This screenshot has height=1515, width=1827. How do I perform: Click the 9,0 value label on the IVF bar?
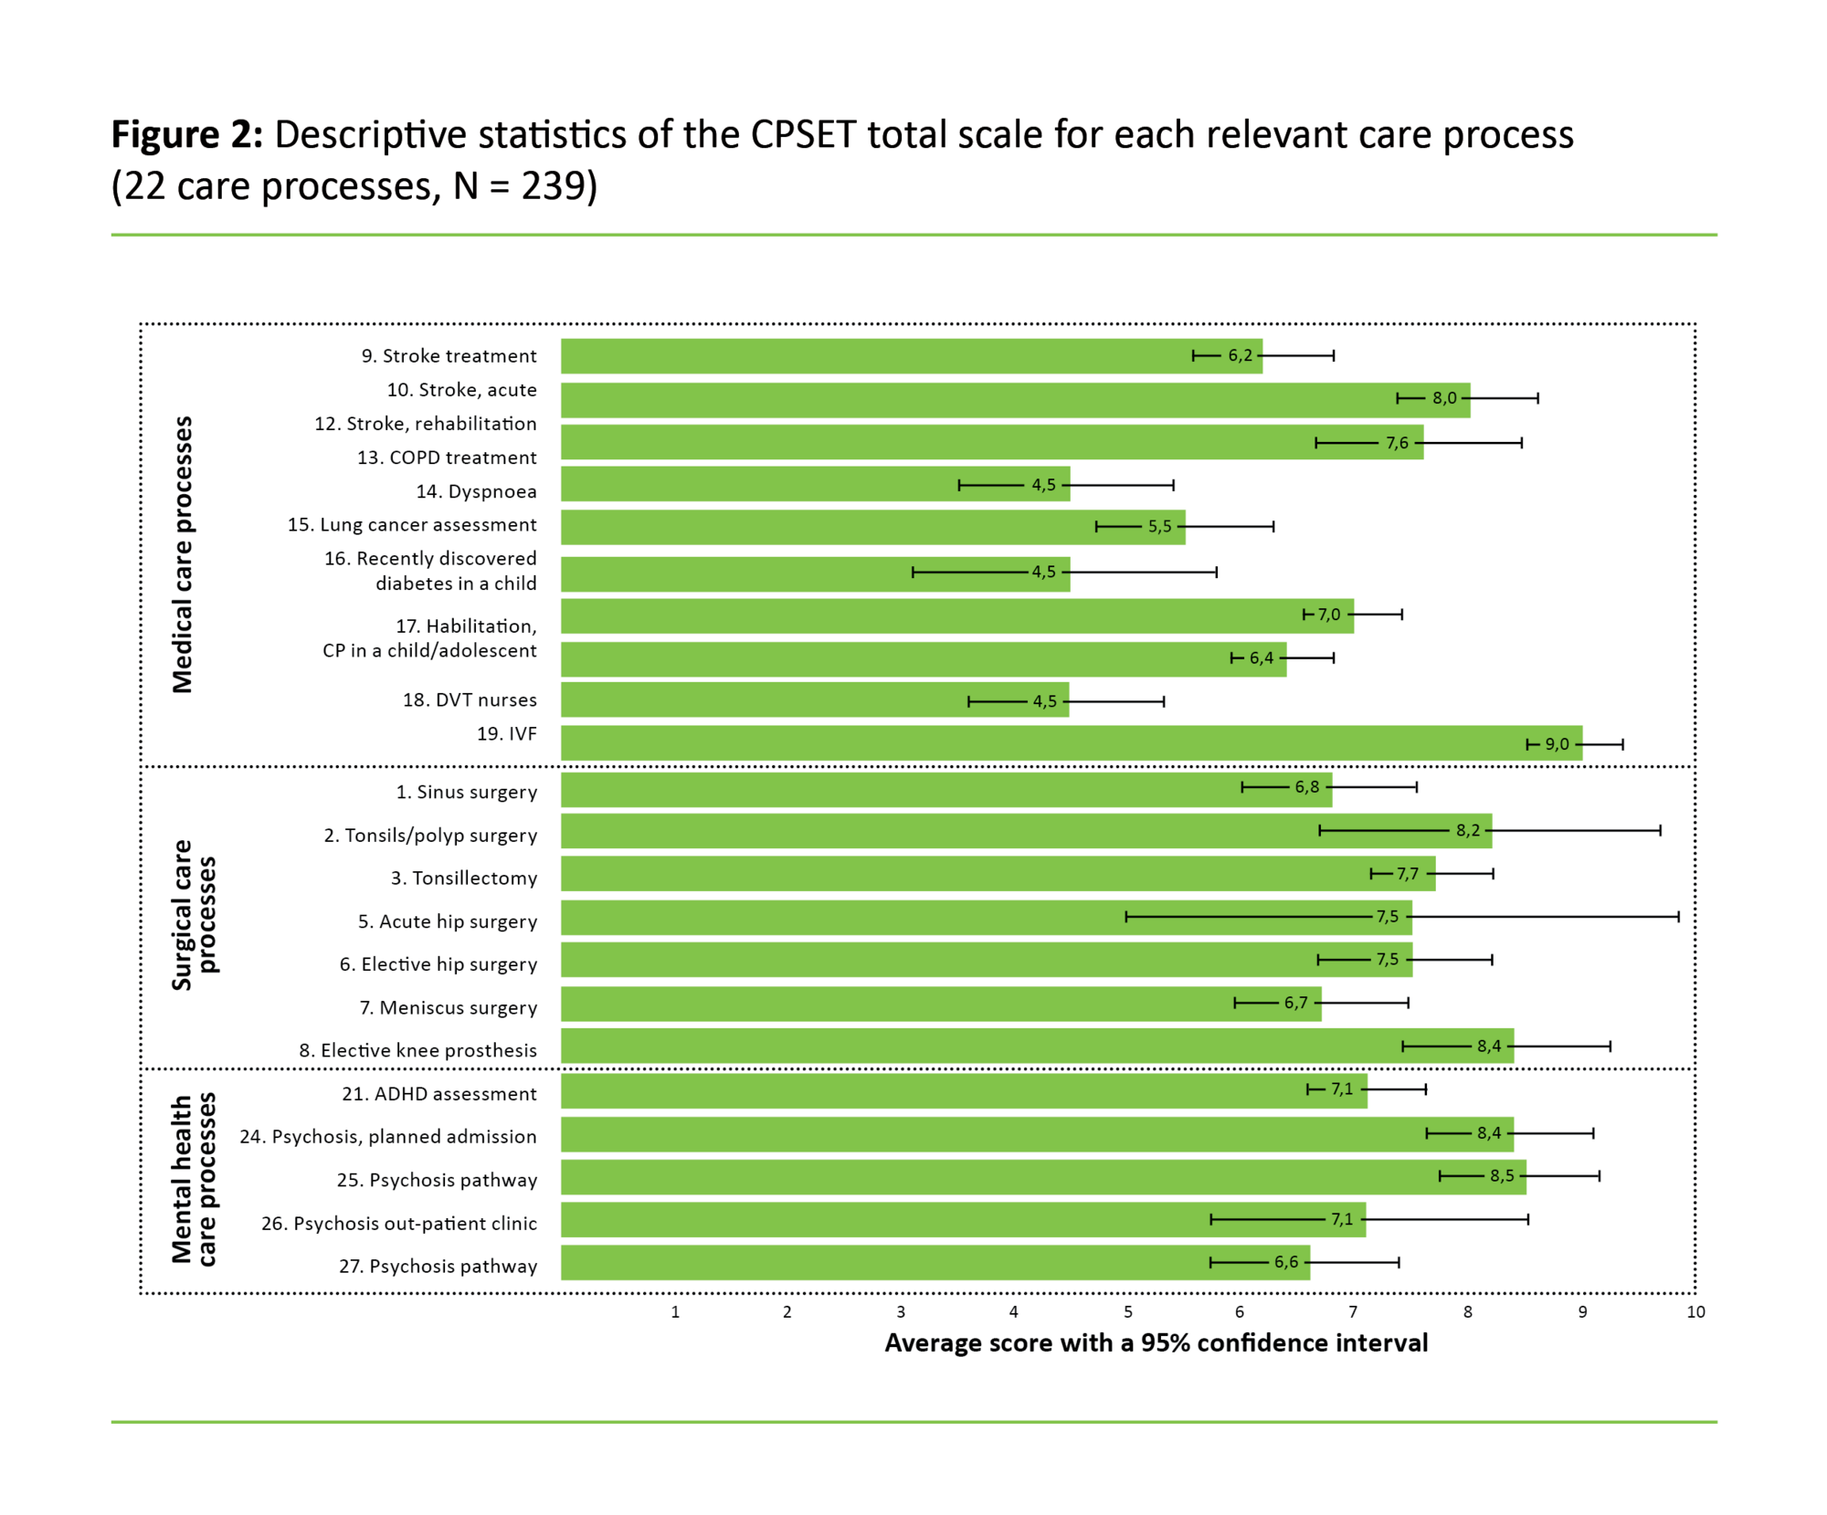tap(1557, 744)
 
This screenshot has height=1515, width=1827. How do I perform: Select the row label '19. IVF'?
tap(506, 734)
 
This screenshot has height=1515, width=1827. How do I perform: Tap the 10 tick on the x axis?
tap(1695, 1312)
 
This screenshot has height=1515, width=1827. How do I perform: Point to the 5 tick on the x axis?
tap(1127, 1312)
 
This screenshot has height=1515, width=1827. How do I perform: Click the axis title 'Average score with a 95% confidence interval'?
tap(1156, 1343)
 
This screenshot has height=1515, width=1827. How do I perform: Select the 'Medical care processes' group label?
tap(183, 554)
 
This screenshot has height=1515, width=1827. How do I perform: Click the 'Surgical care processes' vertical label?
tap(194, 915)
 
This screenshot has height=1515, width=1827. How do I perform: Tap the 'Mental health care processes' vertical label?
tap(194, 1179)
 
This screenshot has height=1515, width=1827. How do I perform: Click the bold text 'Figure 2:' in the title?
tap(187, 135)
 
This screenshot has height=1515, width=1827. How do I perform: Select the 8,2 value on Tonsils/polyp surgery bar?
tap(1467, 831)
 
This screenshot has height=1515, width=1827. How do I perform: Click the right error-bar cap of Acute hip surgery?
tap(1678, 917)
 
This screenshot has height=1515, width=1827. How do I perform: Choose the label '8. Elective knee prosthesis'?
tap(417, 1051)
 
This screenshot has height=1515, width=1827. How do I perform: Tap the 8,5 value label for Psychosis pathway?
tap(1502, 1176)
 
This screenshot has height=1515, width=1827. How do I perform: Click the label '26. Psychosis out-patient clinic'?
tap(398, 1224)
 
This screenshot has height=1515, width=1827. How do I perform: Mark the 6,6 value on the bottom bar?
tap(1285, 1263)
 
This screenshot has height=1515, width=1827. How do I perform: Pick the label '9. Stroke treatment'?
tap(449, 356)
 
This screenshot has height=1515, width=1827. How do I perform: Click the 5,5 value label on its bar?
tap(1159, 527)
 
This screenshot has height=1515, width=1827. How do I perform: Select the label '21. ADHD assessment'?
tap(438, 1094)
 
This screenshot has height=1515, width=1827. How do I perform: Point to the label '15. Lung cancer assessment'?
tap(412, 525)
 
